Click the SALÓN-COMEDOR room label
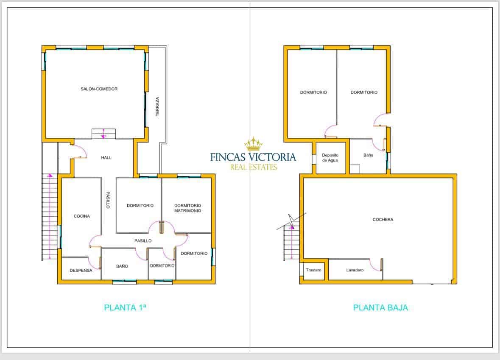(99, 89)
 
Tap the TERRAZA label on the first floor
(157, 106)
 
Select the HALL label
(106, 158)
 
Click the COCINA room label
(81, 216)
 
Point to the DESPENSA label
(81, 271)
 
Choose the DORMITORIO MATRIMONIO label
(187, 208)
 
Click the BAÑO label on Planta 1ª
(122, 266)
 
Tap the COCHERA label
(383, 220)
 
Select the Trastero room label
(313, 270)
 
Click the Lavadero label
(355, 270)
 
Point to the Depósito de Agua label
(330, 158)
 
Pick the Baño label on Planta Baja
(368, 155)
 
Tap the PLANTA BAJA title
(380, 308)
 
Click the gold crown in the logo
(253, 144)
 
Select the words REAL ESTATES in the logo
(253, 167)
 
